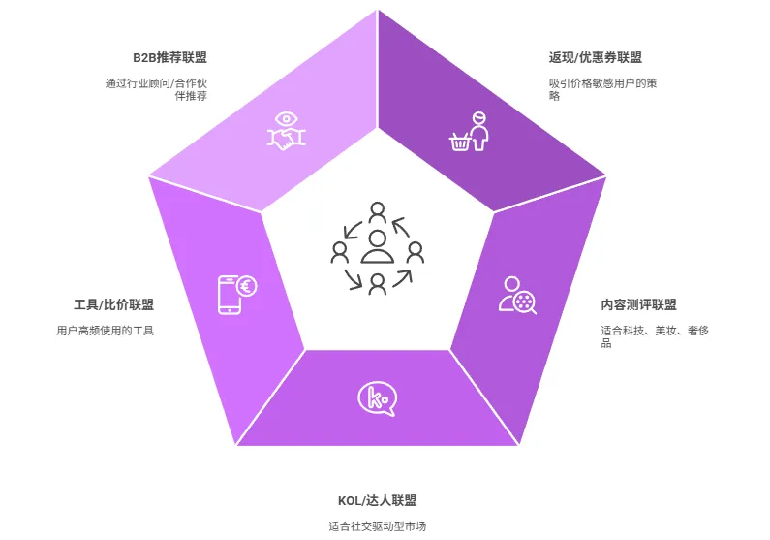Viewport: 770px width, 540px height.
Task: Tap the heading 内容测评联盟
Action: click(x=638, y=304)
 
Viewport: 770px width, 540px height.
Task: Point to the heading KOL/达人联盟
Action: click(x=378, y=500)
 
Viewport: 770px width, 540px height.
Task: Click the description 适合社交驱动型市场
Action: click(x=378, y=526)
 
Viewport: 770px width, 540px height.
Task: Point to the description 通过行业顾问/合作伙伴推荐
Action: click(x=157, y=89)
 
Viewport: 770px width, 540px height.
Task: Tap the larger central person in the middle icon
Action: click(x=378, y=247)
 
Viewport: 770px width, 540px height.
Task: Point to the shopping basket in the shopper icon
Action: click(x=460, y=143)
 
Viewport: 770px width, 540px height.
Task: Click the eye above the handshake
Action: click(x=287, y=119)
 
